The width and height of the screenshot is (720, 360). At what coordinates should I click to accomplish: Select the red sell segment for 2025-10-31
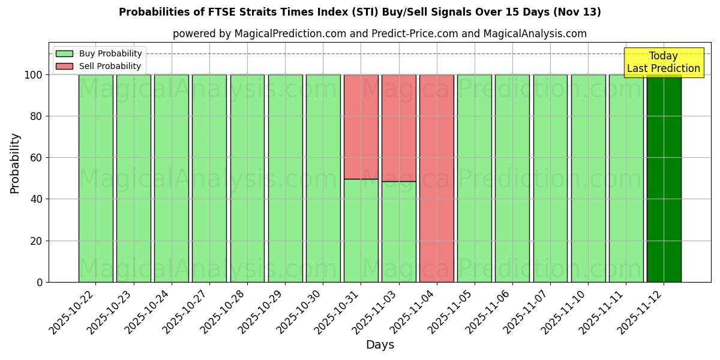pos(361,127)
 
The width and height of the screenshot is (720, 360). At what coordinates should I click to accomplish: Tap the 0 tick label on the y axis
pos(40,282)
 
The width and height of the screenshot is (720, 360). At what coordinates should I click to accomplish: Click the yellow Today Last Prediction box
pos(664,62)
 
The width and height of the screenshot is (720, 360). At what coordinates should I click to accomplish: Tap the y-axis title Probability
pos(15,163)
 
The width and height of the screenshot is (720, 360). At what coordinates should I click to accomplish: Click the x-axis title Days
pos(380,345)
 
